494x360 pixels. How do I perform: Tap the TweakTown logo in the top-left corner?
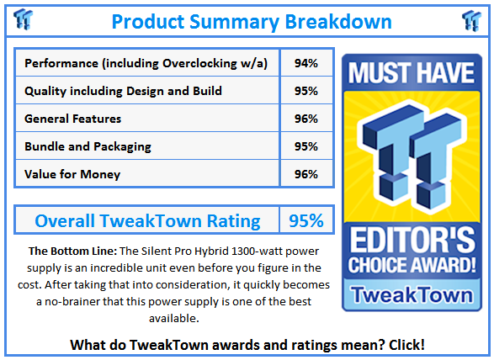tap(24, 20)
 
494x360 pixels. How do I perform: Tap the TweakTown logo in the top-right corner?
tap(471, 20)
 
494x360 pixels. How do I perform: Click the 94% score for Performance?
tap(306, 63)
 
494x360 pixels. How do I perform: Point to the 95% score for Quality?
tap(306, 91)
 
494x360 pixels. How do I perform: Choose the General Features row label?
tap(73, 119)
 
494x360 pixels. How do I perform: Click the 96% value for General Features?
tap(306, 119)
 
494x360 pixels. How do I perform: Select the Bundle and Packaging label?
tap(88, 146)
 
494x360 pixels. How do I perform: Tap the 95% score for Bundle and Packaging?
tap(306, 146)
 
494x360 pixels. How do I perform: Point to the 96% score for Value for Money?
tap(306, 174)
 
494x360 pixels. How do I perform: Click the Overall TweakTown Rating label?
tap(147, 221)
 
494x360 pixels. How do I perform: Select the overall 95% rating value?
tap(306, 221)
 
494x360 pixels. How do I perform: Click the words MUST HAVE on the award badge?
tap(412, 73)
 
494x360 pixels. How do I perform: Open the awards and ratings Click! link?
tap(404, 344)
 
